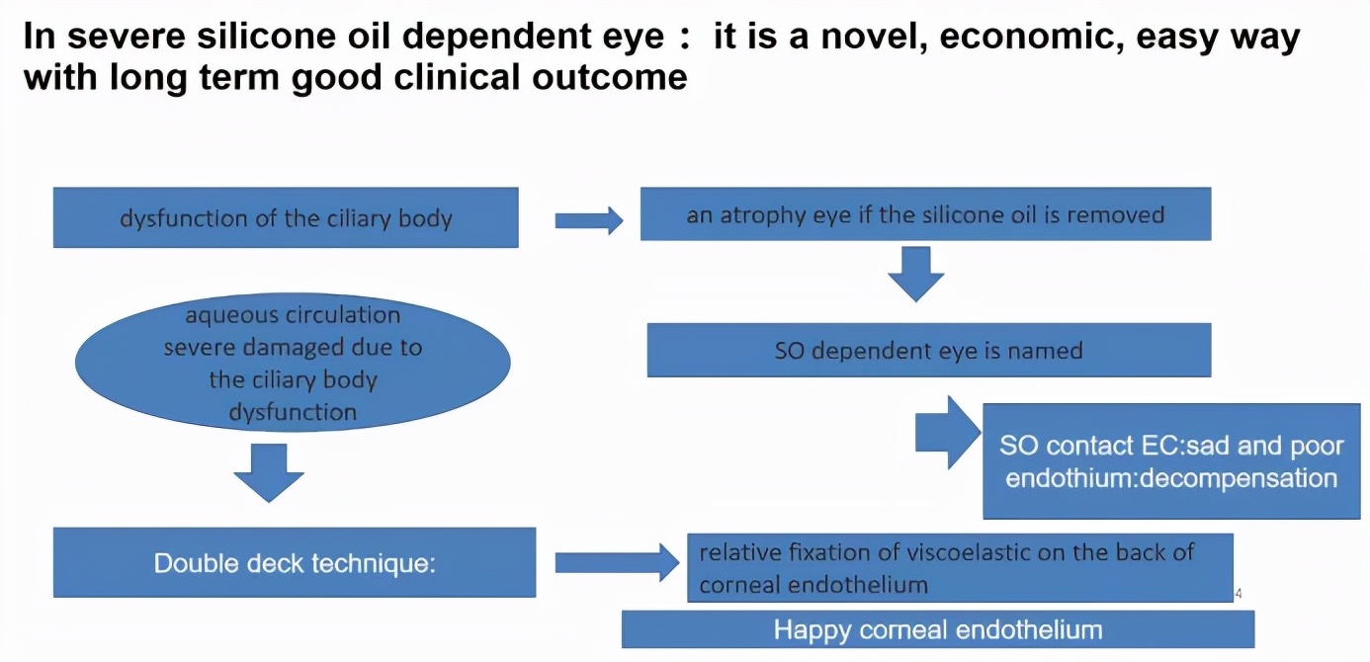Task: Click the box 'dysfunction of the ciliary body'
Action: click(285, 217)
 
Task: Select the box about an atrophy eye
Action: click(925, 213)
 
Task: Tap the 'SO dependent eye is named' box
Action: click(928, 350)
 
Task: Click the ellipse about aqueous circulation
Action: click(293, 363)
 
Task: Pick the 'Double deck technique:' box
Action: click(294, 563)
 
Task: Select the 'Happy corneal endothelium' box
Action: click(937, 629)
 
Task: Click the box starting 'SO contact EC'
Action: click(1171, 460)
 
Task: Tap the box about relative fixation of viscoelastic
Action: click(959, 567)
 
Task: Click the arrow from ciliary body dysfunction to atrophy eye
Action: click(588, 220)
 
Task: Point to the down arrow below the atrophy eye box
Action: click(915, 273)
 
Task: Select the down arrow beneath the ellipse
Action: click(269, 472)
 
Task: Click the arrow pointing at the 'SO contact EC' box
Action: click(947, 433)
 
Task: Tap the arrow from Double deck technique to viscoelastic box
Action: click(616, 563)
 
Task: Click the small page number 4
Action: click(1239, 594)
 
